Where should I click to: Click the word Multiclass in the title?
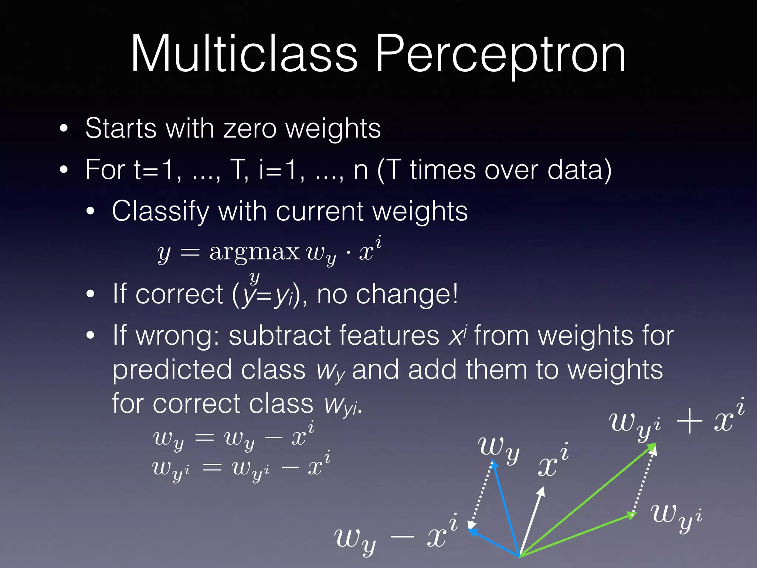tap(244, 54)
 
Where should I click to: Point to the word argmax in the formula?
tap(254, 253)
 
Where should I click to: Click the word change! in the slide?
tap(407, 294)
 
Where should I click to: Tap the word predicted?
tap(172, 370)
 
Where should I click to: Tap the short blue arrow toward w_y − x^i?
tap(493, 542)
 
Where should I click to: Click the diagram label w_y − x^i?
tap(396, 536)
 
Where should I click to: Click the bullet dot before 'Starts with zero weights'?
tap(64, 129)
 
